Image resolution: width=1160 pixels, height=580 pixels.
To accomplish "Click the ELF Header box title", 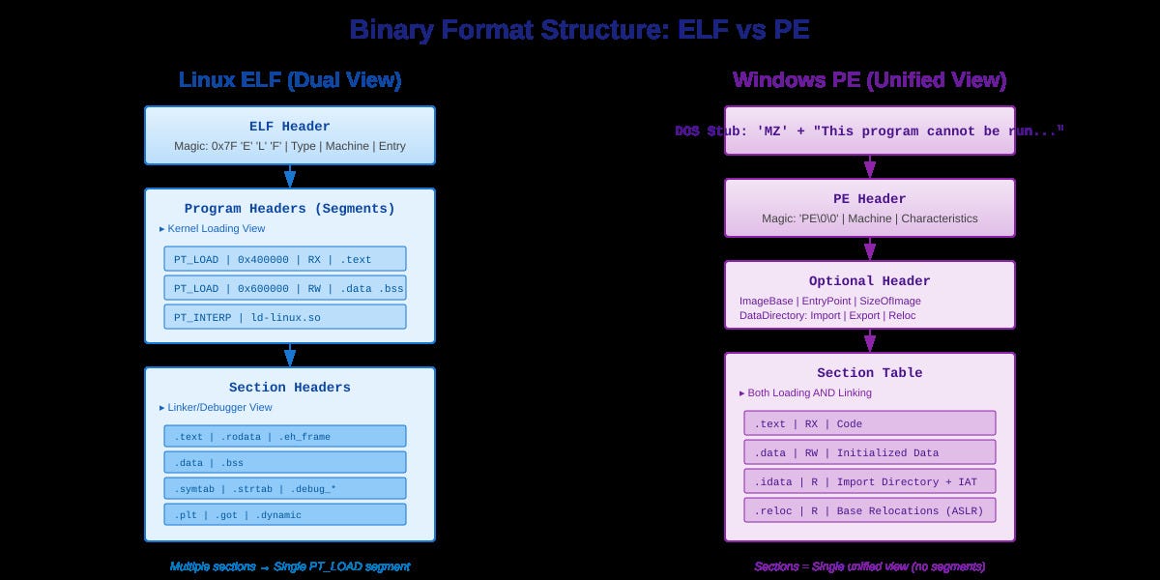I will [x=290, y=127].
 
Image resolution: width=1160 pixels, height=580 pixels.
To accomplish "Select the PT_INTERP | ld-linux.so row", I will [x=285, y=317].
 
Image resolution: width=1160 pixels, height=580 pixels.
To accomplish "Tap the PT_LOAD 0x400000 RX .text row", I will [x=285, y=259].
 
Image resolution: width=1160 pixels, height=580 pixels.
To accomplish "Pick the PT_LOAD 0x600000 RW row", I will [x=285, y=288].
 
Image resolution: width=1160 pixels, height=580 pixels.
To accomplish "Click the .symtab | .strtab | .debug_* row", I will [x=285, y=488].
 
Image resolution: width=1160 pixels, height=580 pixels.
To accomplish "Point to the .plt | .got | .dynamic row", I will [x=285, y=514].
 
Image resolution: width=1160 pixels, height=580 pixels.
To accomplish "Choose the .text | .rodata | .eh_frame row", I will [x=285, y=436].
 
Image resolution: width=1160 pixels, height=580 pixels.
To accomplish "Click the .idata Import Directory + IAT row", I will [x=869, y=481].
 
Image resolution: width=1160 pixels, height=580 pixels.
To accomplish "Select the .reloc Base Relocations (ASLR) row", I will [x=869, y=510].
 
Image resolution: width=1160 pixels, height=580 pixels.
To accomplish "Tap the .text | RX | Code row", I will [x=869, y=423].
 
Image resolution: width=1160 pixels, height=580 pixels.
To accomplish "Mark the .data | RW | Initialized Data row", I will [x=869, y=452].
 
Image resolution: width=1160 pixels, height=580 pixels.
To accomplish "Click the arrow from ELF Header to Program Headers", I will [x=290, y=176].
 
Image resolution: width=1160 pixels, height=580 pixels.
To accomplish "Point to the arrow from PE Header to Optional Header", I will [x=870, y=248].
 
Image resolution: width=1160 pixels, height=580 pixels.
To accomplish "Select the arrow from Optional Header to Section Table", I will [x=870, y=340].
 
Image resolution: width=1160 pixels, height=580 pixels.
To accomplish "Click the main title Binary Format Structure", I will [x=579, y=30].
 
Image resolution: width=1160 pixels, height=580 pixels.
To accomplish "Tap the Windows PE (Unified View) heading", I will [x=869, y=80].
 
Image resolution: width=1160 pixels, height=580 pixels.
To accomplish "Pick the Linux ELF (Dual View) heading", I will [x=290, y=80].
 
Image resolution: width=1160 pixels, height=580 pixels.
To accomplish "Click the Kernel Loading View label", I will [x=213, y=229].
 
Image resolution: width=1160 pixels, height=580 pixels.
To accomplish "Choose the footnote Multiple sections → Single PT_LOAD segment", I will [x=290, y=566].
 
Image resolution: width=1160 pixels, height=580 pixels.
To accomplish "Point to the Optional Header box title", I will [x=870, y=281].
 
